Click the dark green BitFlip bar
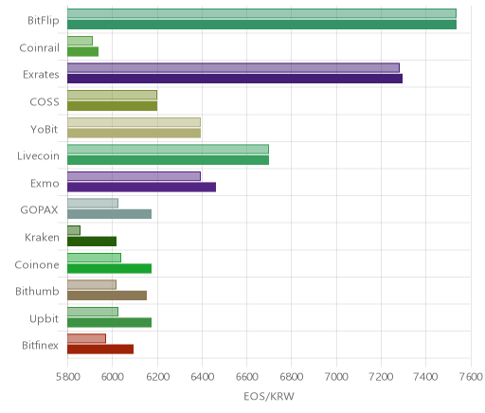pyautogui.click(x=261, y=25)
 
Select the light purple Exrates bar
pyautogui.click(x=233, y=67)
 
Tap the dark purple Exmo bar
pyautogui.click(x=141, y=187)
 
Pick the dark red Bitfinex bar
pyautogui.click(x=100, y=350)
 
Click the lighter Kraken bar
pyautogui.click(x=74, y=230)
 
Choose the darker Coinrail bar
pyautogui.click(x=82, y=51)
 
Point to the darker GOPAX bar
pyautogui.click(x=109, y=214)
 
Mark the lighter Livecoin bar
pyautogui.click(x=168, y=149)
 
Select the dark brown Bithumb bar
pyautogui.click(x=107, y=296)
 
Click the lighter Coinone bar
pyautogui.click(x=94, y=258)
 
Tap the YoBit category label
pyautogui.click(x=45, y=130)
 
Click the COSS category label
pyautogui.click(x=45, y=102)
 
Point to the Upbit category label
pyautogui.click(x=44, y=319)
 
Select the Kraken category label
pyautogui.click(x=42, y=237)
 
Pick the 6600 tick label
pyautogui.click(x=246, y=377)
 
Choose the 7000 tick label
pyautogui.click(x=336, y=377)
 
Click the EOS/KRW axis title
pyautogui.click(x=269, y=396)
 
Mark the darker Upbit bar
pyautogui.click(x=109, y=322)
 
